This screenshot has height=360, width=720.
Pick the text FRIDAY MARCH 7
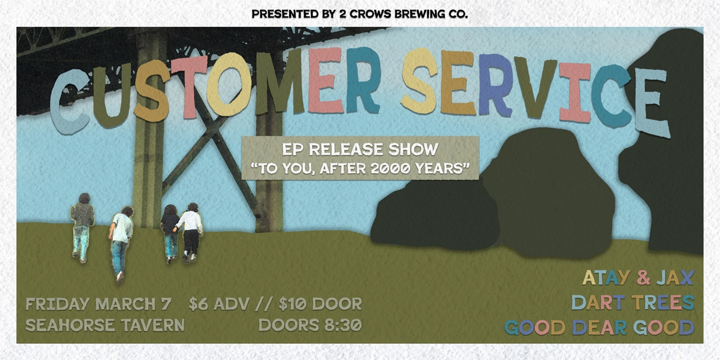100,304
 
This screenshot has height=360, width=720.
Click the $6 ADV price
217,304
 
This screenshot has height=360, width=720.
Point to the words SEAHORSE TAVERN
105,326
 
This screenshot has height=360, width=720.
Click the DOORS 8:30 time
310,326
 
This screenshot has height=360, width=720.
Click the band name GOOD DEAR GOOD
599,328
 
